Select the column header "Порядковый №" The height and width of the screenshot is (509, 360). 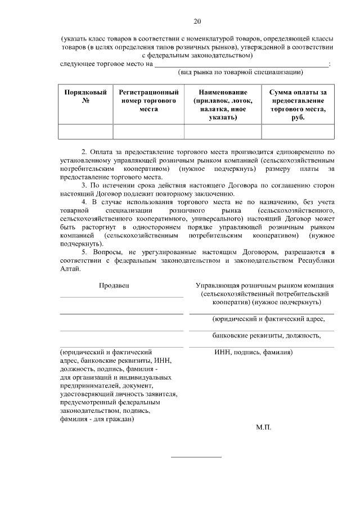pos(86,96)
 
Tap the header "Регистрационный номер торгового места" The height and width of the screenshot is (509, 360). pos(148,100)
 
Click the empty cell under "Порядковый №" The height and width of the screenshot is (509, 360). pos(86,131)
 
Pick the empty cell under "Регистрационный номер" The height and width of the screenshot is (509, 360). pos(148,131)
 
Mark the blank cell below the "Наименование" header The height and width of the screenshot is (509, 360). pos(223,131)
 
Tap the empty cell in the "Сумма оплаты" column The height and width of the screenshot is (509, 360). pos(298,131)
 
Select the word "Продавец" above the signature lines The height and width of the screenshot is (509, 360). pos(114,285)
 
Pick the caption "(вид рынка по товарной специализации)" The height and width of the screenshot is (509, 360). pos(241,72)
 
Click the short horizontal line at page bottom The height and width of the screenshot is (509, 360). pos(196,457)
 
